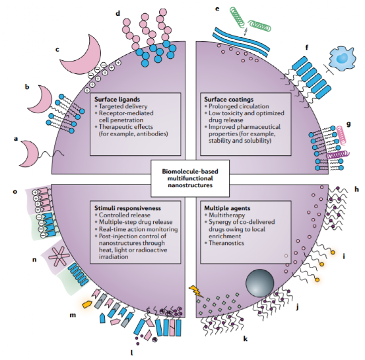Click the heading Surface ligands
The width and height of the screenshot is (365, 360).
[x=117, y=100]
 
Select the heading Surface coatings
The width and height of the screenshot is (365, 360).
[x=228, y=100]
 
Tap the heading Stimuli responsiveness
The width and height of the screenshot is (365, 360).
[x=127, y=208]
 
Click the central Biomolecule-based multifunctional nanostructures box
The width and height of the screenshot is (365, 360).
[x=190, y=178]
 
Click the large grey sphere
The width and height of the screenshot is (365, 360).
[x=259, y=283]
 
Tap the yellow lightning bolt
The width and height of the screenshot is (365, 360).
[x=195, y=291]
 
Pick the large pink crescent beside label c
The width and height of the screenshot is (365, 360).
[x=83, y=57]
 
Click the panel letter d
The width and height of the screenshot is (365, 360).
[x=118, y=13]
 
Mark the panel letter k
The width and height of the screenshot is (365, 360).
[x=245, y=339]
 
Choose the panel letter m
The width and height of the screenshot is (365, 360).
[x=73, y=315]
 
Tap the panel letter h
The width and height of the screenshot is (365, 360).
[x=356, y=189]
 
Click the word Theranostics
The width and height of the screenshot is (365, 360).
[x=226, y=243]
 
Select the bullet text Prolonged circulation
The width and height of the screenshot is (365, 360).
[x=238, y=106]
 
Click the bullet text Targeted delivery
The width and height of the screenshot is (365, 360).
[x=123, y=106]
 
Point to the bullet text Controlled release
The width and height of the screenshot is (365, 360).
[x=125, y=215]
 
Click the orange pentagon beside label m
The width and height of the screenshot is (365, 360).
[x=87, y=304]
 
